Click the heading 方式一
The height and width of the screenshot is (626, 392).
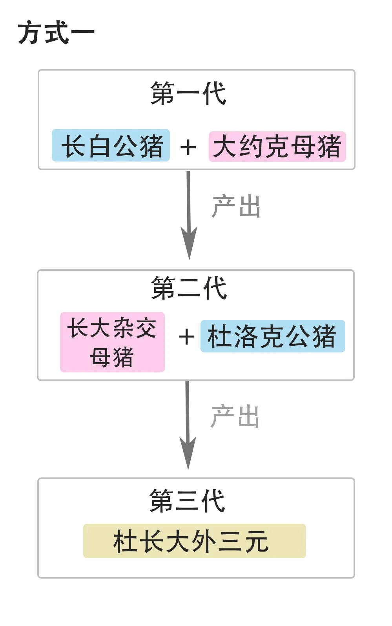pos(56,33)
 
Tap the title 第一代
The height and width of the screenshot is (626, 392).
pos(188,94)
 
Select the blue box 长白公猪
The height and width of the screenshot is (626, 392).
pos(111,145)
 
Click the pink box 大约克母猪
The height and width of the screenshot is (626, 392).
pos(277,147)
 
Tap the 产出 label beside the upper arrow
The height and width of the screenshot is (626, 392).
pos(236,206)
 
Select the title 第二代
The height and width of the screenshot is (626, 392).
pos(189,288)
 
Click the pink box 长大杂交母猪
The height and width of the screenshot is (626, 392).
pos(112,342)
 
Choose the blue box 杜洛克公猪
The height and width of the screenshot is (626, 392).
pos(272,336)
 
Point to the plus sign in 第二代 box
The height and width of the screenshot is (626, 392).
pos(186,337)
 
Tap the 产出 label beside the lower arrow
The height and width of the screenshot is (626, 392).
pos(235,416)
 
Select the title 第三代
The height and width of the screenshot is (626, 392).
pos(187,501)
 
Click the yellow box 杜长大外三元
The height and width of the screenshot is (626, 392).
pos(194,541)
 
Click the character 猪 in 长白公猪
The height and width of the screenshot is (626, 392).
pos(151,146)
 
